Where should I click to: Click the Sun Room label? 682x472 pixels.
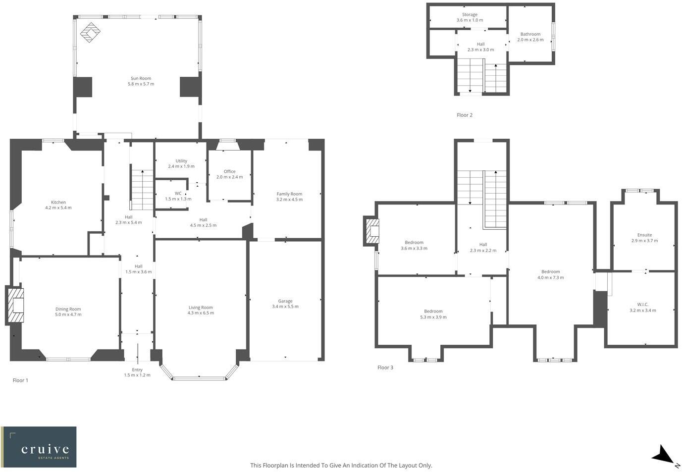pyautogui.click(x=141, y=78)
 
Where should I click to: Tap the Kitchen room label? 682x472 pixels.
pyautogui.click(x=58, y=202)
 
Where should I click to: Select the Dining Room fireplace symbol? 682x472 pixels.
pyautogui.click(x=16, y=306)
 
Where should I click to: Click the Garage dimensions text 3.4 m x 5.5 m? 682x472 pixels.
pyautogui.click(x=285, y=307)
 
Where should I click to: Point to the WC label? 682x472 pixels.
pyautogui.click(x=178, y=194)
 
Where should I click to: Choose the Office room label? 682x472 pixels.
pyautogui.click(x=229, y=171)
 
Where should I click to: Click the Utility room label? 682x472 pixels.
pyautogui.click(x=181, y=161)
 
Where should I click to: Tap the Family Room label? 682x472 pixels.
pyautogui.click(x=289, y=194)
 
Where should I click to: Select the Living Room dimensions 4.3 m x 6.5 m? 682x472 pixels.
pyautogui.click(x=201, y=313)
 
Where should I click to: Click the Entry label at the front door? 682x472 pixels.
pyautogui.click(x=137, y=370)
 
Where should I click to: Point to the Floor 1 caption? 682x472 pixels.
pyautogui.click(x=20, y=380)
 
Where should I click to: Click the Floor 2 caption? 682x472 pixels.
pyautogui.click(x=465, y=115)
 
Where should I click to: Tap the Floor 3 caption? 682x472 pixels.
pyautogui.click(x=385, y=367)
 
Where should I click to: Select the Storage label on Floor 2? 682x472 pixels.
pyautogui.click(x=470, y=15)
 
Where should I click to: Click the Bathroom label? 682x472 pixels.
pyautogui.click(x=530, y=34)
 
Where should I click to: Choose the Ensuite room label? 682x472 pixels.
pyautogui.click(x=644, y=235)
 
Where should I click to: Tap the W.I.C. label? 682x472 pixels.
pyautogui.click(x=643, y=305)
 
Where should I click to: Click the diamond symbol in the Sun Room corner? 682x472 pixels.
pyautogui.click(x=90, y=33)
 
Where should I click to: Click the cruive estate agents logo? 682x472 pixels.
pyautogui.click(x=39, y=447)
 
